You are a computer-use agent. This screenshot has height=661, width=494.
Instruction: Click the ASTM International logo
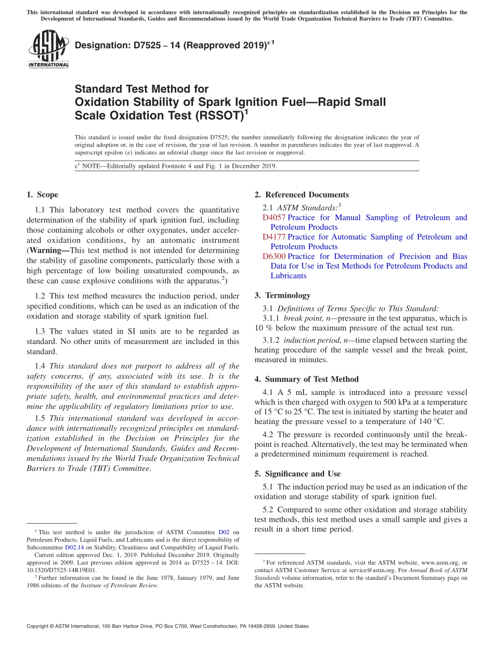point(48,48)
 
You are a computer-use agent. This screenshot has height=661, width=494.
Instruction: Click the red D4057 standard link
point(274,218)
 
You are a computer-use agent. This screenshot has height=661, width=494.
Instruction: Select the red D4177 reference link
point(274,237)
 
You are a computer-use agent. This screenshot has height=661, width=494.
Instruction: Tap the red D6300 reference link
point(274,256)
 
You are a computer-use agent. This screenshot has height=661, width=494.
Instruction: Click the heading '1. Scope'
point(43,195)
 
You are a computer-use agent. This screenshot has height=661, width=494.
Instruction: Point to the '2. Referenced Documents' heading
point(302,195)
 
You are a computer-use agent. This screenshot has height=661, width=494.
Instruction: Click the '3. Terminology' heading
point(282,295)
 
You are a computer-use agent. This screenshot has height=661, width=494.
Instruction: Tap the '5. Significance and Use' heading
point(297,474)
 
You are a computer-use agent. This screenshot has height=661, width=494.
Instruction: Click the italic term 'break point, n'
point(308,318)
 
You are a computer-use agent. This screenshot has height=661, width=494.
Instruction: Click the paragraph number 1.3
point(41,332)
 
